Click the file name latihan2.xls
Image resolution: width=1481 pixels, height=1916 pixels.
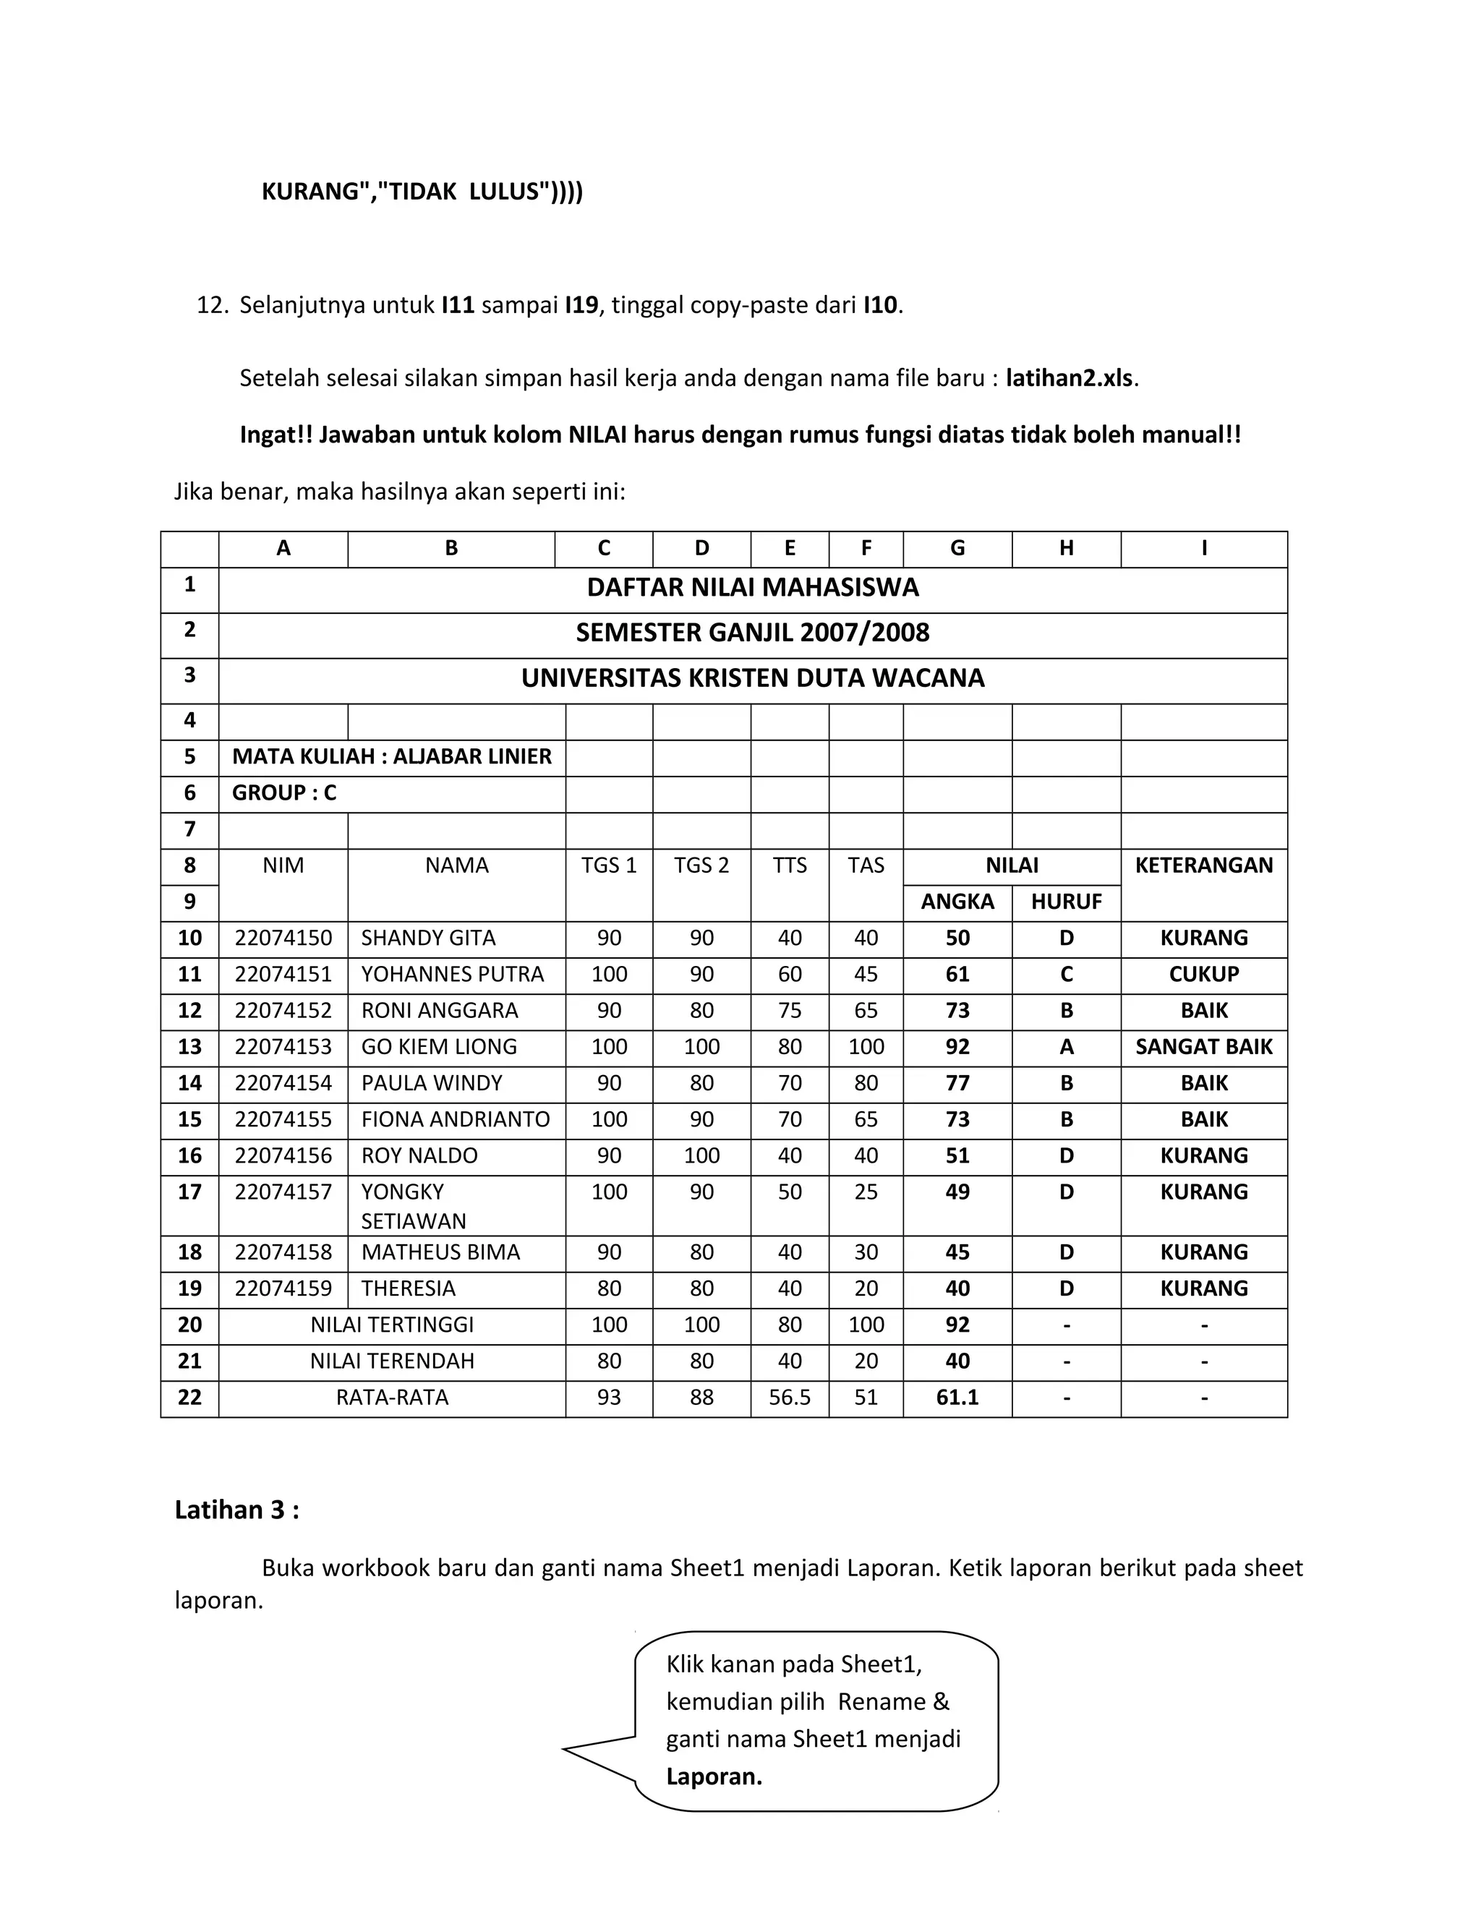click(x=1070, y=378)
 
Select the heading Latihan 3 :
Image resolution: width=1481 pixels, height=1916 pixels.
click(x=237, y=1509)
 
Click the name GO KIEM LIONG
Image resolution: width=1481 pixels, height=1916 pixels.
click(x=439, y=1047)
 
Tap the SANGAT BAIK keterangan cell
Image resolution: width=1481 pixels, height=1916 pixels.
click(x=1204, y=1047)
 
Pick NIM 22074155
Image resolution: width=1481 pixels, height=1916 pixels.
click(x=283, y=1119)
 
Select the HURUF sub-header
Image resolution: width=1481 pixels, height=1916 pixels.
click(x=1066, y=902)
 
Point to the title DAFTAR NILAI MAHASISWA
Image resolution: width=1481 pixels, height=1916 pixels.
click(x=753, y=588)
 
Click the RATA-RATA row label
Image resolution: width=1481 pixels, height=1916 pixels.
click(x=392, y=1398)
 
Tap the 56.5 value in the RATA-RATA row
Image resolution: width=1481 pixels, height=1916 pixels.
click(x=790, y=1398)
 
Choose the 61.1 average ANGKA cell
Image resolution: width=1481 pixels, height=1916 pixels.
click(x=957, y=1398)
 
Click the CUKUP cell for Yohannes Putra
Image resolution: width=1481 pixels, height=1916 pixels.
click(x=1204, y=974)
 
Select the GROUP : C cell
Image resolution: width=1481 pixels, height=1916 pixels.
click(x=284, y=793)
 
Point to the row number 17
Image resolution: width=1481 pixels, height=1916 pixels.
click(x=189, y=1192)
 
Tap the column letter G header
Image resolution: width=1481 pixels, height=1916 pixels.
click(x=957, y=548)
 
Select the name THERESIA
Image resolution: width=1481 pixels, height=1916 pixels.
click(x=409, y=1288)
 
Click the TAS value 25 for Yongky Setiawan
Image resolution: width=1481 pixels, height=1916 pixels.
click(x=866, y=1192)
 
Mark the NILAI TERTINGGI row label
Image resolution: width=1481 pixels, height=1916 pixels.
click(x=392, y=1325)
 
